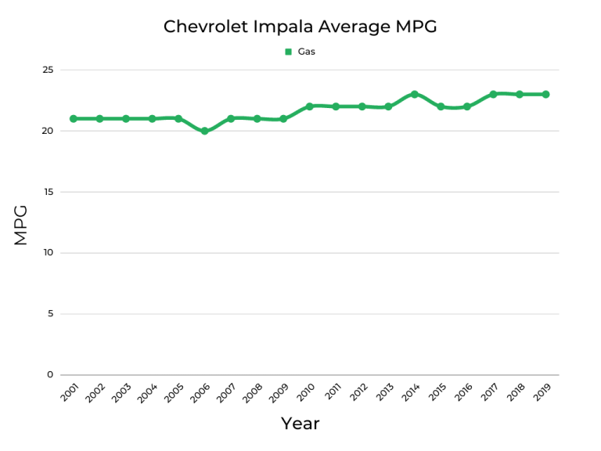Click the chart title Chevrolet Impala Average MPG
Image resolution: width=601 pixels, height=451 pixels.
point(300,27)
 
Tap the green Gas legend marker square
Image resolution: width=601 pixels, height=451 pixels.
point(288,52)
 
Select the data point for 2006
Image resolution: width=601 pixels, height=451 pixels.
point(204,131)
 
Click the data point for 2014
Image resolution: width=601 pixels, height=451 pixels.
point(414,94)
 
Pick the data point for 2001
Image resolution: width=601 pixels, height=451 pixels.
point(73,119)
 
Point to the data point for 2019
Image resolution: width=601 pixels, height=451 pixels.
point(545,94)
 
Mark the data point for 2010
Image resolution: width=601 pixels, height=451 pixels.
point(309,106)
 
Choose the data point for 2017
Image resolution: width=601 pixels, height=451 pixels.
point(493,94)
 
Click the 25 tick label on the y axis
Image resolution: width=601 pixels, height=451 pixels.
point(48,70)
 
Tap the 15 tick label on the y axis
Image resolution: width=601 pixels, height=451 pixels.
point(48,192)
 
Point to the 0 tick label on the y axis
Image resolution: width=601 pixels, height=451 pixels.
point(50,375)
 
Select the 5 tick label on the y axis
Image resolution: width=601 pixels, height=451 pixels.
point(50,314)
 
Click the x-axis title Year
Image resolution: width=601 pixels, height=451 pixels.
point(300,424)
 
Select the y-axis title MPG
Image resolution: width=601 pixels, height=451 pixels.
point(21,225)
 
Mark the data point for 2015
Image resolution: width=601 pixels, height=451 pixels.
point(441,106)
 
